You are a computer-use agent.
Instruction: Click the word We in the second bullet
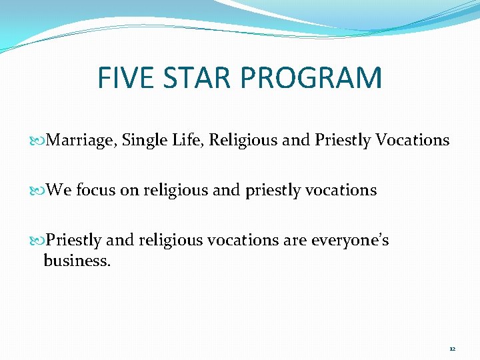60,190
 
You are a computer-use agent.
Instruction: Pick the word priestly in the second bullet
274,191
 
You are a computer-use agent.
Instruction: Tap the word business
77,260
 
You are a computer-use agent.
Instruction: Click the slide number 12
452,349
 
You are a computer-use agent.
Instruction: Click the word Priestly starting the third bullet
74,240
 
